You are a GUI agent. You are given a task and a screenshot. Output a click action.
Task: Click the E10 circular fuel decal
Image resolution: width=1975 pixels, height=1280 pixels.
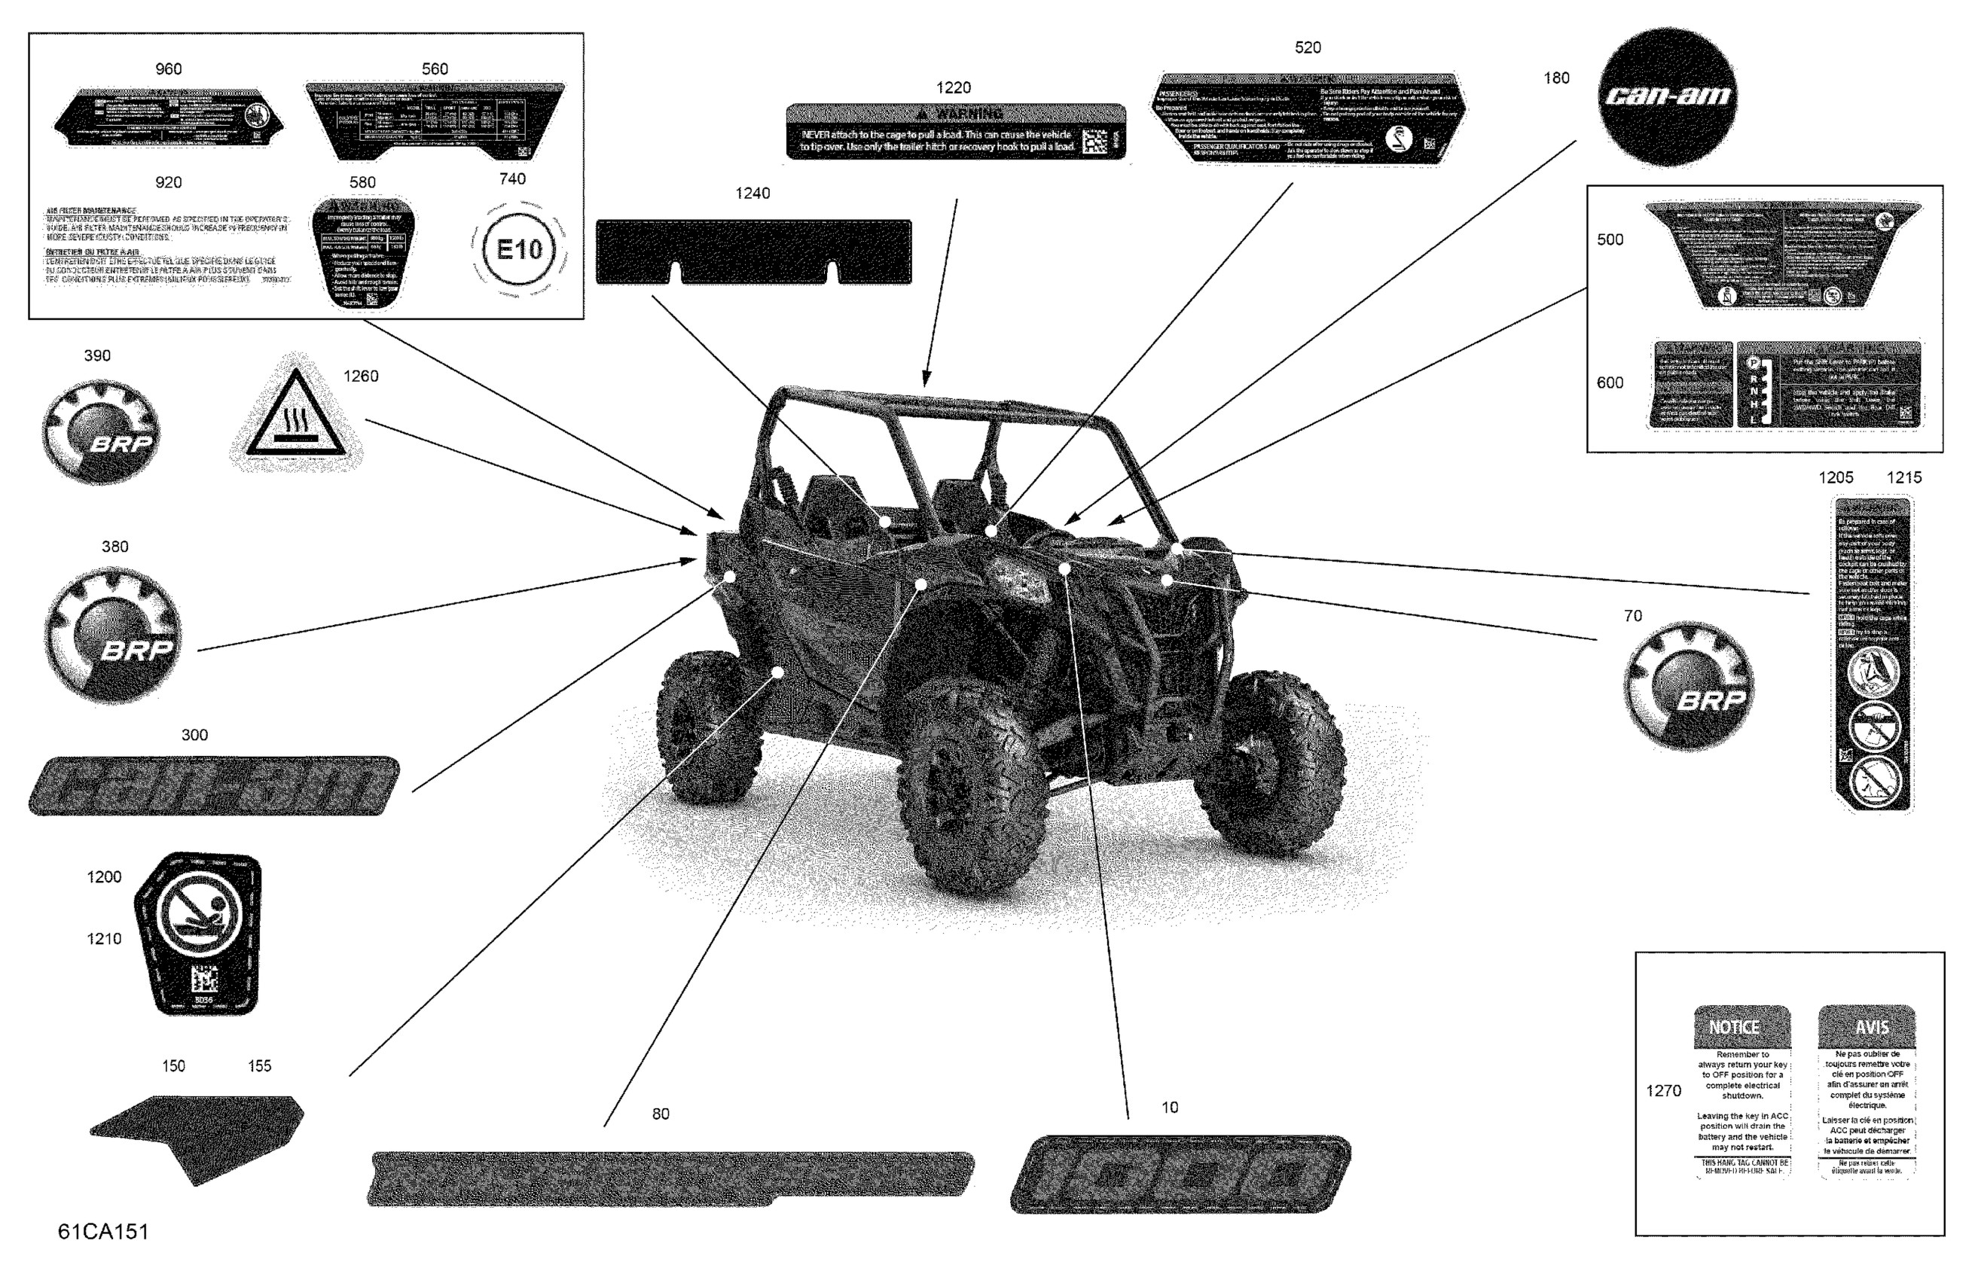(x=519, y=249)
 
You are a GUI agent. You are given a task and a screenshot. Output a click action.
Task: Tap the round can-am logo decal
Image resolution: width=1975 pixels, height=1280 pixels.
(x=1668, y=96)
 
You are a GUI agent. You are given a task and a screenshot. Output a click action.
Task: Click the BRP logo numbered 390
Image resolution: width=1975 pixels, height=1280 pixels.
(x=100, y=432)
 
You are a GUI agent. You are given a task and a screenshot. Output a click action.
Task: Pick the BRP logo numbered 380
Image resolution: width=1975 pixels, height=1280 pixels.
(x=113, y=635)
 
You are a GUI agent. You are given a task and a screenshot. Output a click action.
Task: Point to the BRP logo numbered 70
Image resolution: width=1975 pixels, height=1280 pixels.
(x=1689, y=686)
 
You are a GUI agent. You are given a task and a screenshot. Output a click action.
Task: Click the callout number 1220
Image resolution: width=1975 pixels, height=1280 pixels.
(x=954, y=88)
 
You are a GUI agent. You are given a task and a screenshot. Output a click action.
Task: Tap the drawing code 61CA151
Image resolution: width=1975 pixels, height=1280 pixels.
(x=103, y=1231)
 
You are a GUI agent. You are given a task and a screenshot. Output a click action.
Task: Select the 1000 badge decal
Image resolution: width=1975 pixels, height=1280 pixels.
(x=1180, y=1174)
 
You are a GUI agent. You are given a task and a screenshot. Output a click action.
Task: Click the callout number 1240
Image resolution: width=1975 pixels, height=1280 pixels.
(x=752, y=194)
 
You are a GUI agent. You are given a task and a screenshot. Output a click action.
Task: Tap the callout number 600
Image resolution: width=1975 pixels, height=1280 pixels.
(x=1610, y=383)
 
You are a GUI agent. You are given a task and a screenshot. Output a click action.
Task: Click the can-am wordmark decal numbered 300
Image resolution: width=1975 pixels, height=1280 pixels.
(x=213, y=785)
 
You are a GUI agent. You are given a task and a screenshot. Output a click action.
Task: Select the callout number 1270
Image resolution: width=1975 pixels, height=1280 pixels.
(x=1663, y=1091)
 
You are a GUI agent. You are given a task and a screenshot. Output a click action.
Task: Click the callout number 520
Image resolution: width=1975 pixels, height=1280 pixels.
(x=1307, y=48)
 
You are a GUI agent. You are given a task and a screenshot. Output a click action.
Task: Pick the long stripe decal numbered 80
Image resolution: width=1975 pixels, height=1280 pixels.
(x=670, y=1177)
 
